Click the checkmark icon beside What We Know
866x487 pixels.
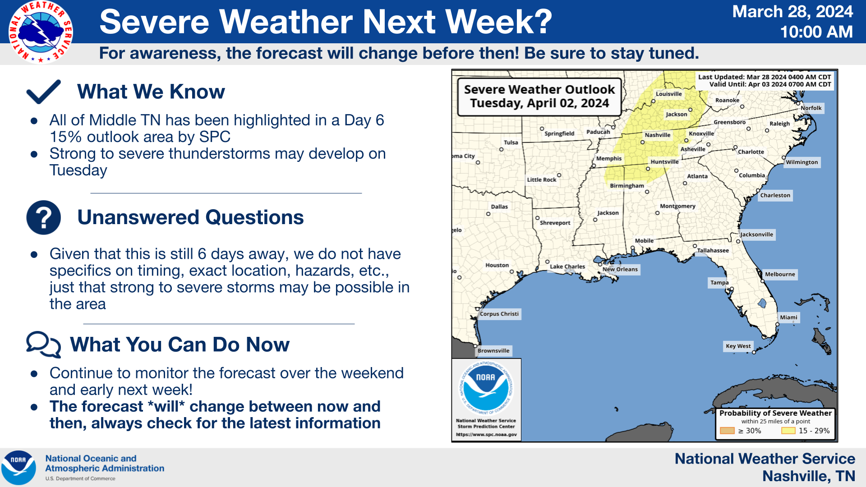click(44, 92)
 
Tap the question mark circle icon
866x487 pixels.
click(44, 217)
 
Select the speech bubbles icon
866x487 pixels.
click(44, 345)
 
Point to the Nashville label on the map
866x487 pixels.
click(657, 135)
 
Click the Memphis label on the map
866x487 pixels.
click(609, 158)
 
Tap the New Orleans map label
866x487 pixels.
click(620, 269)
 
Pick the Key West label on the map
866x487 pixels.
click(738, 346)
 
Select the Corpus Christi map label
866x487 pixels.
click(499, 314)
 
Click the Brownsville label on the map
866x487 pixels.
click(493, 350)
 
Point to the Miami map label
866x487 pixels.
click(789, 317)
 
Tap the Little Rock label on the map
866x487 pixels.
click(542, 179)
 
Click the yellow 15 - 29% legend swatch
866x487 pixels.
click(788, 431)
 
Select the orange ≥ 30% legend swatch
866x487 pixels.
click(728, 431)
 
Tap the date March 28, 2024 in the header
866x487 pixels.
click(792, 11)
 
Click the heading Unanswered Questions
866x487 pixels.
click(190, 217)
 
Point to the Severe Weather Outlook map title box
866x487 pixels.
click(539, 96)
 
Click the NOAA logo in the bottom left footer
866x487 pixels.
click(18, 468)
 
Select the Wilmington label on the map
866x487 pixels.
click(802, 162)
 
